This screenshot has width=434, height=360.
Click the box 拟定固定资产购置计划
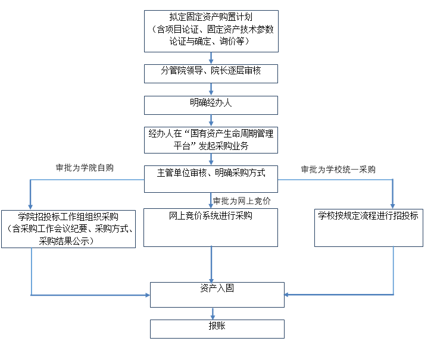tap(211, 30)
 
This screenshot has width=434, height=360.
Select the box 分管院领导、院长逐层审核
tap(211, 73)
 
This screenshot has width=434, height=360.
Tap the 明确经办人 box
tap(211, 104)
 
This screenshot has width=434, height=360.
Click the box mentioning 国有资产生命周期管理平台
tap(211, 139)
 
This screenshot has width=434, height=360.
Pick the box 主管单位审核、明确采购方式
tap(211, 178)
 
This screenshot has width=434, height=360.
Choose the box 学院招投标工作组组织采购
tap(68, 228)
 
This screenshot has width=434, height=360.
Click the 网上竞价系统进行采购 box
tap(211, 227)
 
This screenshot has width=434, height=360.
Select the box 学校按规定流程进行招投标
tap(369, 227)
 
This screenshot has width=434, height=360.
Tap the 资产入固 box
tap(217, 294)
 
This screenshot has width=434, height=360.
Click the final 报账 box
tap(217, 328)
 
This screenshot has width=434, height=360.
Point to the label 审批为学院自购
tap(84, 168)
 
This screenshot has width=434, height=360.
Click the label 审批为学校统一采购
tap(338, 170)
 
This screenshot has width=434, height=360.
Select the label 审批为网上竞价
tap(242, 201)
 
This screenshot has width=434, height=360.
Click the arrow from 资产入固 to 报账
tap(212, 314)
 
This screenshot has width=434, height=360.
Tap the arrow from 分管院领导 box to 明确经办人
tap(211, 89)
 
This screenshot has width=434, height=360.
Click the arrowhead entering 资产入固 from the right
tap(289, 294)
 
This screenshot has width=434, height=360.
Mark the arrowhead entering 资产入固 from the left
tap(146, 294)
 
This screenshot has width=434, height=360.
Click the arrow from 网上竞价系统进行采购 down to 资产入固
tap(211, 262)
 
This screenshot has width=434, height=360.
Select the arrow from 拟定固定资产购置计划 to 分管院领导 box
tap(211, 58)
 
